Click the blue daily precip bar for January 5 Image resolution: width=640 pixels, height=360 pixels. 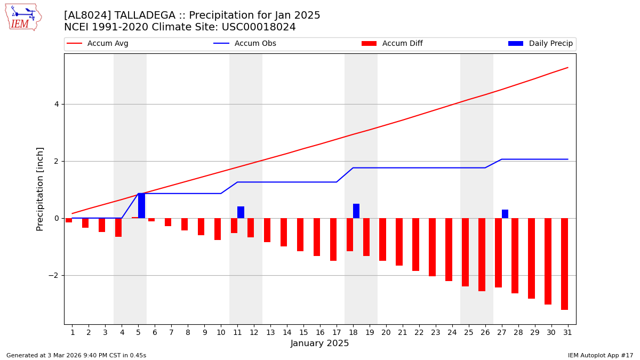141,205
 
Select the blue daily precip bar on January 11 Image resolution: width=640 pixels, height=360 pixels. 241,212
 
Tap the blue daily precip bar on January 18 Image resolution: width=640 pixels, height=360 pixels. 356,211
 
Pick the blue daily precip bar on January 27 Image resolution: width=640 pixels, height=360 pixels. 505,214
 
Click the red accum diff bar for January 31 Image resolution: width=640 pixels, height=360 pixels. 564,264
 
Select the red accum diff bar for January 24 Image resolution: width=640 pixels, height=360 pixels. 449,250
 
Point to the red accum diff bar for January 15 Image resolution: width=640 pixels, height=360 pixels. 300,235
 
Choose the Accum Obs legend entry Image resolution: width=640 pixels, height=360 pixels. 245,44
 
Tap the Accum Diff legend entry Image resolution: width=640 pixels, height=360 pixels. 392,44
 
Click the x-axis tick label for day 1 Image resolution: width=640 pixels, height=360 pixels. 72,333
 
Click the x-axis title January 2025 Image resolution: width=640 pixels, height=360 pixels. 319,344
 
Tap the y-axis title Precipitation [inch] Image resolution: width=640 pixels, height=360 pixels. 41,189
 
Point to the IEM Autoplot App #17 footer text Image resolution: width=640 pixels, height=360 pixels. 601,355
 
